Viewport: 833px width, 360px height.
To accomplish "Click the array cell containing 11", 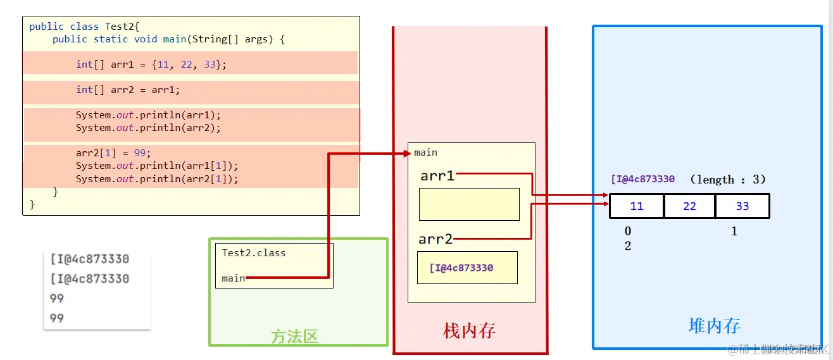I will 637,206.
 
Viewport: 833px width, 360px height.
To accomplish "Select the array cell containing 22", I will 690,206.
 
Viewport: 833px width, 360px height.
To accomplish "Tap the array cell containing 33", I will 742,206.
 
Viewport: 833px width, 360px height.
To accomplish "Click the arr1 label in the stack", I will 437,176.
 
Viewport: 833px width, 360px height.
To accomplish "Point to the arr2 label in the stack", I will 435,239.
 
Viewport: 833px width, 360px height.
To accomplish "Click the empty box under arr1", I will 469,204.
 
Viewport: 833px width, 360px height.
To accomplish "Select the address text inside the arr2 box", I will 461,268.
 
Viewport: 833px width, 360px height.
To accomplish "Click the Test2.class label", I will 253,253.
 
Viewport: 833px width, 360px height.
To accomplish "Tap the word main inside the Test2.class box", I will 233,278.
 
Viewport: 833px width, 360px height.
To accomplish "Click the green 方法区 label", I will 294,336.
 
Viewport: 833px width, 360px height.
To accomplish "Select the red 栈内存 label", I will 469,330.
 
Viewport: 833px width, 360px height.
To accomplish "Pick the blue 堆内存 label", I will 714,325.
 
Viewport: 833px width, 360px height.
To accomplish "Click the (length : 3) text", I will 728,180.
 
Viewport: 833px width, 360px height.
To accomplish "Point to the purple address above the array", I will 642,179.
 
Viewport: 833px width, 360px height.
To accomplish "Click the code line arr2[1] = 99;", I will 113,153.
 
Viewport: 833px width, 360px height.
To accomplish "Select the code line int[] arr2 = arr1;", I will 128,90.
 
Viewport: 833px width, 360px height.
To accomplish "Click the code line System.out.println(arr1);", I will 148,115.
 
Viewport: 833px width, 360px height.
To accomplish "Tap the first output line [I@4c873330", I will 89,259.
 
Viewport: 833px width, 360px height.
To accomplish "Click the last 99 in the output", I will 57,318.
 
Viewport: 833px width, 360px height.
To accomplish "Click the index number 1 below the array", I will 734,232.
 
